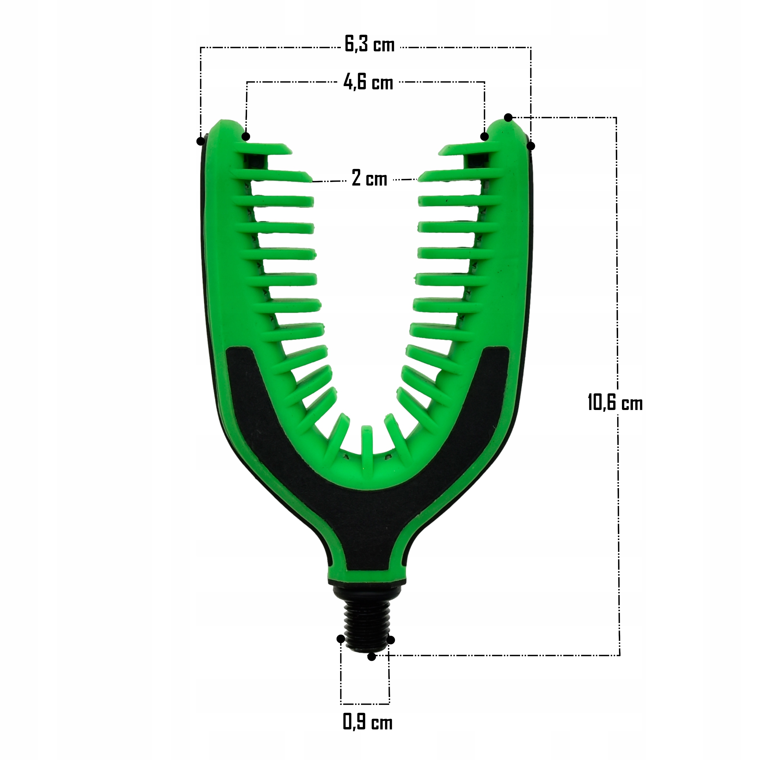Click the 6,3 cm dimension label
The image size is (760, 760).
click(369, 44)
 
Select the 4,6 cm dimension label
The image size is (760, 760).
click(368, 82)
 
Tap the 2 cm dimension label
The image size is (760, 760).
click(369, 179)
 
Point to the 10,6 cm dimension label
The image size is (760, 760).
click(615, 403)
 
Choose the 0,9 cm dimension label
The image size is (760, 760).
click(368, 722)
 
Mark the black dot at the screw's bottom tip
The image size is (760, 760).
click(371, 657)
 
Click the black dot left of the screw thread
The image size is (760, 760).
click(341, 639)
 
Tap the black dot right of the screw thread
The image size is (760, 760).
click(391, 640)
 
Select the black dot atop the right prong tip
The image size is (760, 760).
click(508, 117)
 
